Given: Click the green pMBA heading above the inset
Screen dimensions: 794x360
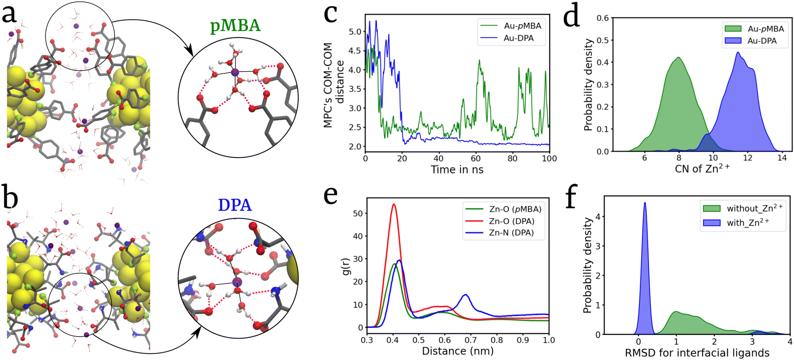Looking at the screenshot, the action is [235, 26].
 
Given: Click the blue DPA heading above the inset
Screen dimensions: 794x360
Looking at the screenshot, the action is [235, 205].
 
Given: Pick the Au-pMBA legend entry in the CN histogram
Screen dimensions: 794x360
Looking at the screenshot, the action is [754, 29].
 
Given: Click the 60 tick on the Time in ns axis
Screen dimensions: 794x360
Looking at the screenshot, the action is [476, 158].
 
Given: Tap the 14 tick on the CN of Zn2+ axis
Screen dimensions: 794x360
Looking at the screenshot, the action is [782, 158].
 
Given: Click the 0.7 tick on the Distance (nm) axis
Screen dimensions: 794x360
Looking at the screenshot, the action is [471, 340].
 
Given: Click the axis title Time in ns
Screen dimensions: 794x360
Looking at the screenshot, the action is [457, 170].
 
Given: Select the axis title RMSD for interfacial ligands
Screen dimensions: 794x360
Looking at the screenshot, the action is [697, 353].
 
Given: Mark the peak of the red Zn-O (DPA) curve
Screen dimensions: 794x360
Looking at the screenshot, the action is [394, 204].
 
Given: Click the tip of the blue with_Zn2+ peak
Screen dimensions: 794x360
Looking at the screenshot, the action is [645, 202].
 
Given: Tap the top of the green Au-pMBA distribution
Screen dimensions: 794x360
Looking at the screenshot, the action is [678, 57].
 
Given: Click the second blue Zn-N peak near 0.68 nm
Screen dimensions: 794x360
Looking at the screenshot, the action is [466, 295].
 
